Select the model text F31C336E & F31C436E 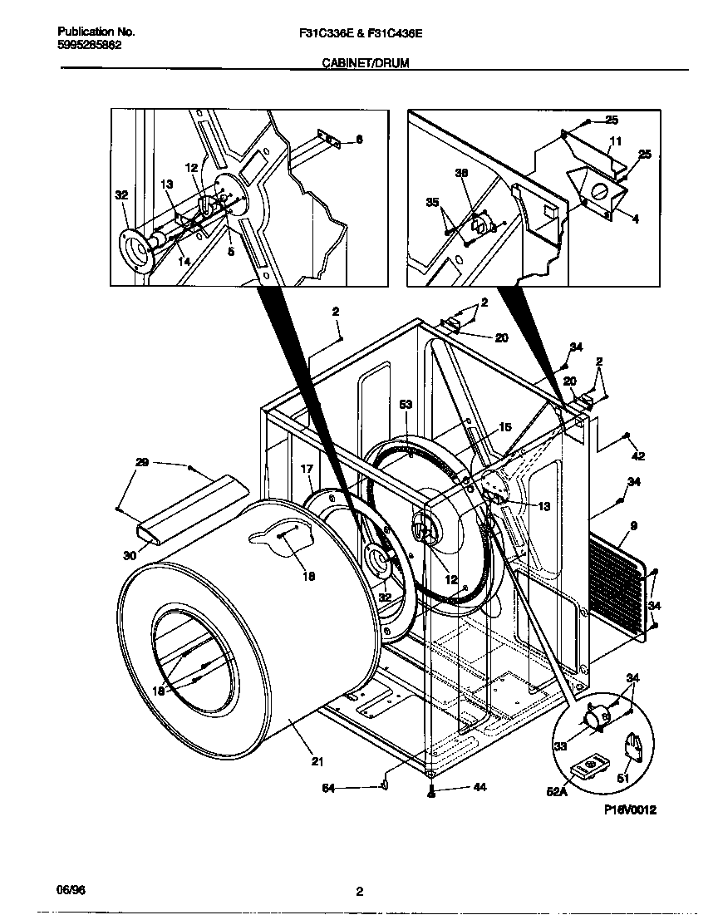tap(360, 32)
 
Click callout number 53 tap(406, 404)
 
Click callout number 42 tap(638, 455)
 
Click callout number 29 tap(142, 461)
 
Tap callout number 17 tap(307, 470)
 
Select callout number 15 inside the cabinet tap(504, 428)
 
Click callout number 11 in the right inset tap(616, 140)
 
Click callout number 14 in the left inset tap(184, 261)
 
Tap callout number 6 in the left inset tap(359, 140)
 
